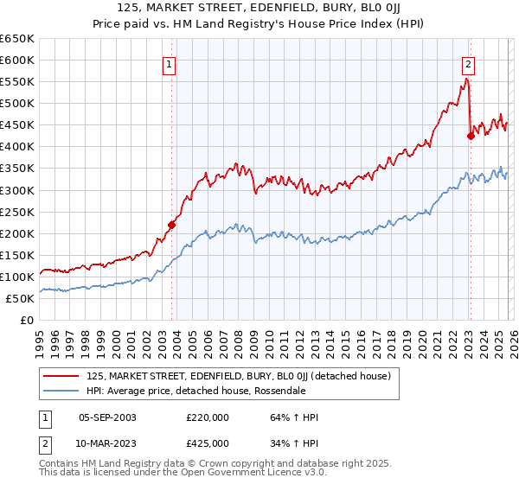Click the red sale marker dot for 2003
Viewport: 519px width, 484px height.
171,225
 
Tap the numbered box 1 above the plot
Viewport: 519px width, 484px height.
169,63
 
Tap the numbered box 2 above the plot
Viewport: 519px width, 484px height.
468,63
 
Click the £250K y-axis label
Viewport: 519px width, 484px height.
18,212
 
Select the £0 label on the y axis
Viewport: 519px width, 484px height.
27,320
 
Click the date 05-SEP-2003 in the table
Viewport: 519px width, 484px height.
107,418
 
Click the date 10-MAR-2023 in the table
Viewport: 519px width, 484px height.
107,443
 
